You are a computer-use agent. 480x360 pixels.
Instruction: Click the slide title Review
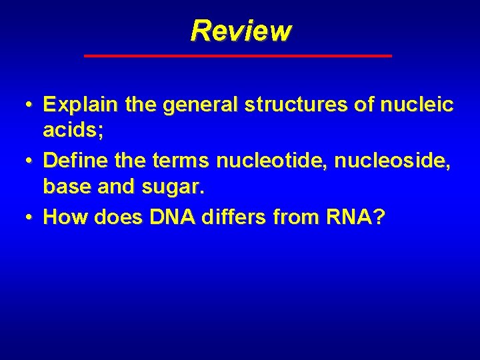(x=240, y=31)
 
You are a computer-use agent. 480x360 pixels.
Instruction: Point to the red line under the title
(x=238, y=56)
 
